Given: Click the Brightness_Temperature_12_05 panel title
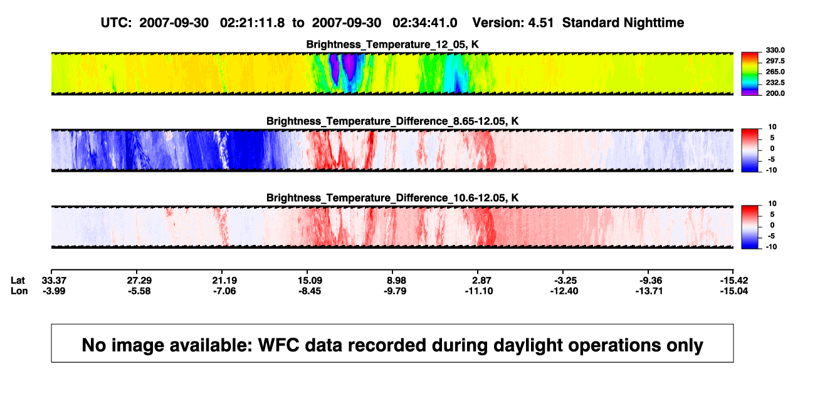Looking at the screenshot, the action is coord(392,44).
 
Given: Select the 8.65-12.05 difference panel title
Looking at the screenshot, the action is coord(392,121).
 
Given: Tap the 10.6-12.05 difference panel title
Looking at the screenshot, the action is coord(392,198).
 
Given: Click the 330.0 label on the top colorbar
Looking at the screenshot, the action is coord(775,50).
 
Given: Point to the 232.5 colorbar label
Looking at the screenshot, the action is coord(775,83).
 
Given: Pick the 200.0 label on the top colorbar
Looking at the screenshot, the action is coord(775,93).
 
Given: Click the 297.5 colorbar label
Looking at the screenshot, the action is coord(775,61).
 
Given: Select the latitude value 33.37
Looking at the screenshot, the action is coord(54,281).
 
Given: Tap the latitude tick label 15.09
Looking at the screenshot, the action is coord(310,281).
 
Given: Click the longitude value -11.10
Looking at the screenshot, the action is coord(479,291).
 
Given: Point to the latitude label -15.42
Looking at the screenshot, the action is coord(734,281).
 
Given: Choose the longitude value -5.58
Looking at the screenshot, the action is coord(139,291).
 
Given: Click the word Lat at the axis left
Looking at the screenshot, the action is coord(18,281).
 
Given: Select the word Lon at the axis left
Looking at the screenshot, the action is coord(19,291).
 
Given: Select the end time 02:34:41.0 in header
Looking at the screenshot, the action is coord(424,23).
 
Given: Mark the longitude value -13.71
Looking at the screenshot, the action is coord(649,291).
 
